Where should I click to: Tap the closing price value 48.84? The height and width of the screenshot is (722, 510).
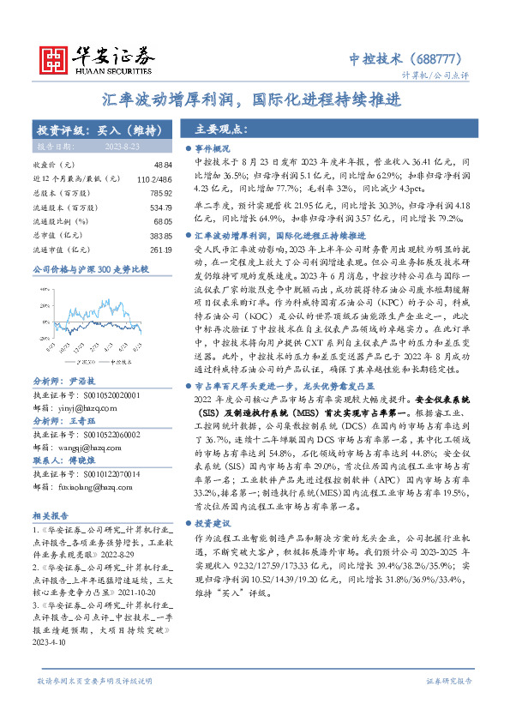tap(163, 164)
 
